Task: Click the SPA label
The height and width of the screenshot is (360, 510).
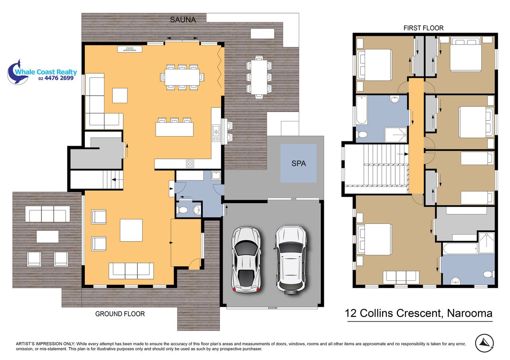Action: pos(298,163)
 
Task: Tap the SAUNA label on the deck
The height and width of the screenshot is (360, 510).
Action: pos(183,20)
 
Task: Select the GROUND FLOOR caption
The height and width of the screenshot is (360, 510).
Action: pos(120,314)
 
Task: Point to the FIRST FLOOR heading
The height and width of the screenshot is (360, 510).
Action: pos(424,28)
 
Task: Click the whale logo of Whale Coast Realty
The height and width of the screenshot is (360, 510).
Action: pos(17,73)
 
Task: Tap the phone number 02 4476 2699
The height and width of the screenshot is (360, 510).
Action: pos(56,78)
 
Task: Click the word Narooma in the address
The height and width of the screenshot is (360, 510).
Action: pos(469,313)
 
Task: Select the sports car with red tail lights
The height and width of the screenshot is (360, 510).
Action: pos(246,259)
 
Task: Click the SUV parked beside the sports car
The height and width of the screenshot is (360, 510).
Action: pos(291,260)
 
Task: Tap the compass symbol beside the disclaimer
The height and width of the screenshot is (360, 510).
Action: pos(484,343)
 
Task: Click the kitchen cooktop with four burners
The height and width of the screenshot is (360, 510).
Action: pos(190,164)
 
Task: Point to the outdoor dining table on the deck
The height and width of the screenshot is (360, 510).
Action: pos(259,77)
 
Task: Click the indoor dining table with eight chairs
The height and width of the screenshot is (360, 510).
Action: pos(182,77)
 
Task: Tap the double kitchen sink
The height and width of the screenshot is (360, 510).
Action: pos(216,133)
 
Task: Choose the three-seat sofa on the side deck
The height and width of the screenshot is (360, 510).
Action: pos(47,214)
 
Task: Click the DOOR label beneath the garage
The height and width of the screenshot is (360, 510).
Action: pos(273,308)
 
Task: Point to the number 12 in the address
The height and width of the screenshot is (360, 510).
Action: pos(351,313)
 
